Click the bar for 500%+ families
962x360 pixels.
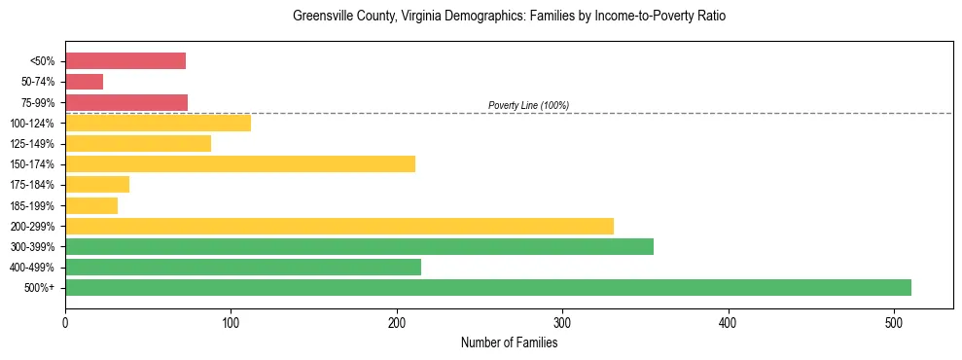[487, 287]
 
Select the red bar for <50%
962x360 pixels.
[125, 61]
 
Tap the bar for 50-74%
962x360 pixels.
[84, 82]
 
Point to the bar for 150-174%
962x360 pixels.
[240, 163]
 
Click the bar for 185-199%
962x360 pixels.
[91, 205]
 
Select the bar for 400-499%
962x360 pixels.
[243, 267]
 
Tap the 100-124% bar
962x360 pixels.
[158, 123]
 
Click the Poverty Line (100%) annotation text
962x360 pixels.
[528, 105]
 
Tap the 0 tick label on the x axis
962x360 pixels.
[65, 322]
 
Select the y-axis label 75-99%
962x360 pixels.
[38, 102]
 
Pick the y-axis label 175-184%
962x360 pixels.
[34, 185]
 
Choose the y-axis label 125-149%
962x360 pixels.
[34, 144]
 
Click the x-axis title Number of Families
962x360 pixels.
[509, 342]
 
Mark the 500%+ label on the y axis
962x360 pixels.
[41, 288]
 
